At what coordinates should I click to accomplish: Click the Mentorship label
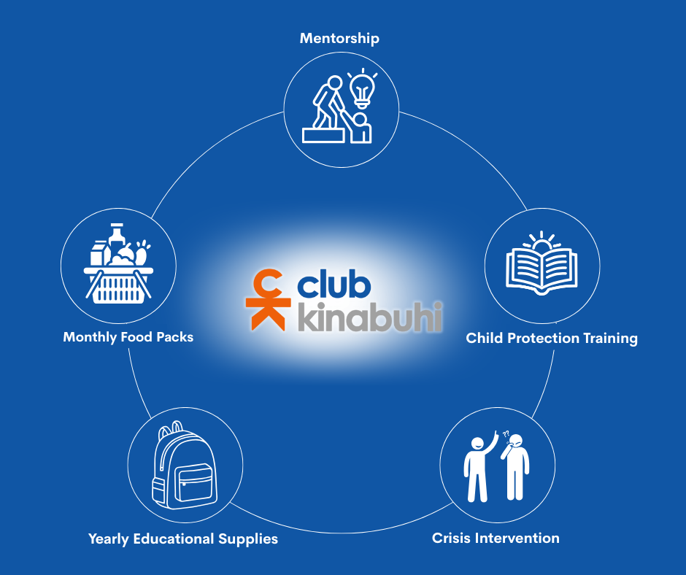click(339, 38)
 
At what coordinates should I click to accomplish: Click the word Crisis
click(451, 539)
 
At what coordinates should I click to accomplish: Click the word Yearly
click(110, 539)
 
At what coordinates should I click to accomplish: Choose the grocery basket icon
click(118, 267)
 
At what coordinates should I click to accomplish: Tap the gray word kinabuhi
click(369, 318)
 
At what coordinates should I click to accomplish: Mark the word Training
click(609, 339)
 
